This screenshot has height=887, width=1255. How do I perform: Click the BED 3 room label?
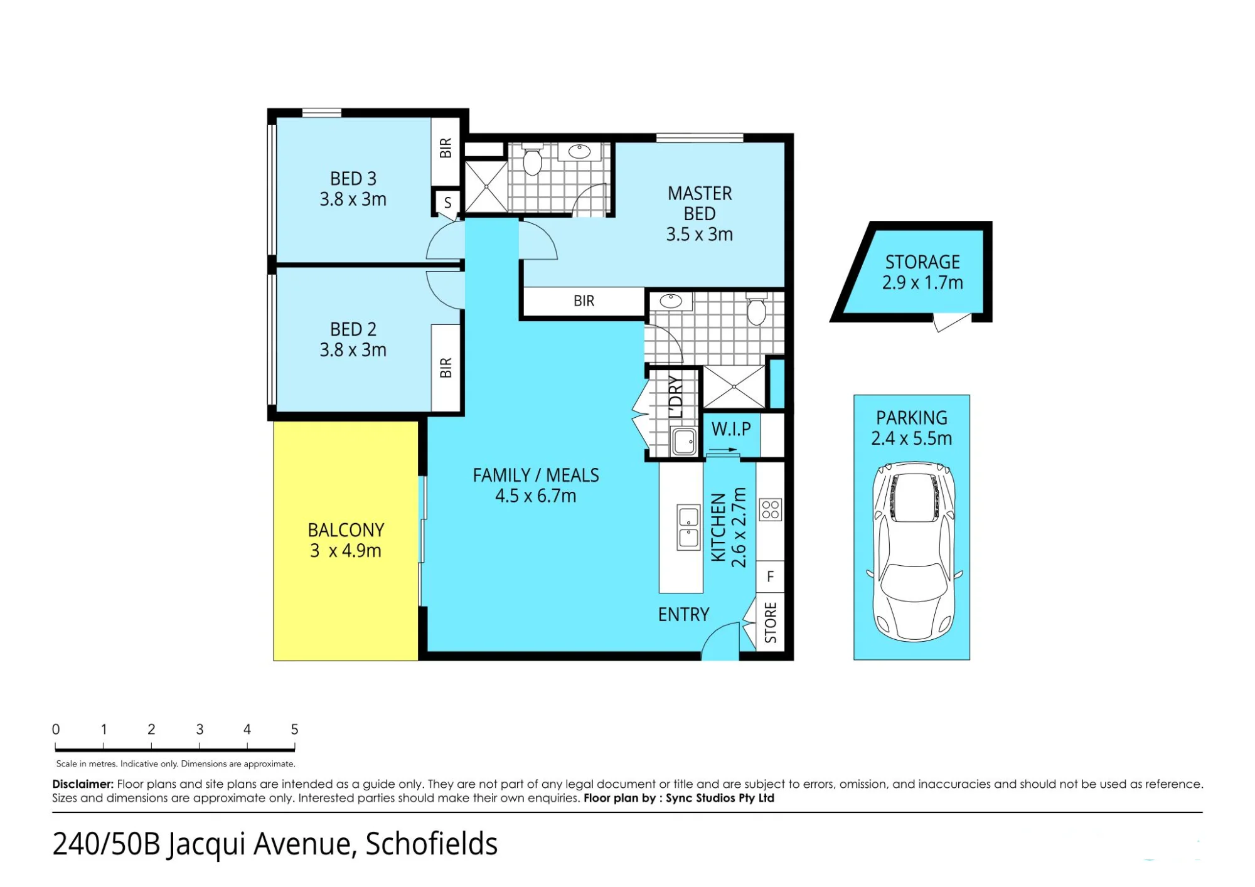353,179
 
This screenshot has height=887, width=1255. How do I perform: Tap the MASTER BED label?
700,203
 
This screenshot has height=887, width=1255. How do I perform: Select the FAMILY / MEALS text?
536,475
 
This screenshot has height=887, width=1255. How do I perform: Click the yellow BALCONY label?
346,530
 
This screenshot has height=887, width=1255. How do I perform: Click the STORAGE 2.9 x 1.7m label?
922,272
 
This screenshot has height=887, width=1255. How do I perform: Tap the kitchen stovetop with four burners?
771,509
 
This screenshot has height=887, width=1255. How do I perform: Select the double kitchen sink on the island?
688,527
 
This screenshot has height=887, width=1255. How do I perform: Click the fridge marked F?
771,576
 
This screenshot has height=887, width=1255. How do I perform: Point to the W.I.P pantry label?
731,429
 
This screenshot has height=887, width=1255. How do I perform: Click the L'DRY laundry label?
675,396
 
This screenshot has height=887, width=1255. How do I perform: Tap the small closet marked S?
447,203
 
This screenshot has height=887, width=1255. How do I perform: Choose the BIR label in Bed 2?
446,368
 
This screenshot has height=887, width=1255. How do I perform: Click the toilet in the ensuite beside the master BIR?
757,308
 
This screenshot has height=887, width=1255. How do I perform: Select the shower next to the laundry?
734,387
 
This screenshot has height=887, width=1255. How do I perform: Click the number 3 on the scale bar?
200,729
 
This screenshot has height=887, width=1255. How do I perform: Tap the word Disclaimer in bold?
83,784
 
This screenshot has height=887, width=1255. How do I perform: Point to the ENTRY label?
683,615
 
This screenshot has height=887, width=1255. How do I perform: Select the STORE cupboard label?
771,623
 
